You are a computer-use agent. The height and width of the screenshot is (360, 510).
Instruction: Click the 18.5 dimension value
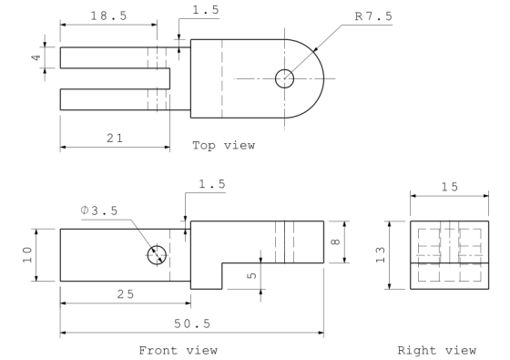pyautogui.click(x=108, y=16)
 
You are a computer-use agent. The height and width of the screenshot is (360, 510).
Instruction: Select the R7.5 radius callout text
pyautogui.click(x=373, y=16)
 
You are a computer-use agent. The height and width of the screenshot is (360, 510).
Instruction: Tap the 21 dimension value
pyautogui.click(x=115, y=139)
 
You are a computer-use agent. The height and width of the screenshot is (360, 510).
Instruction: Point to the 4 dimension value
pyautogui.click(x=36, y=57)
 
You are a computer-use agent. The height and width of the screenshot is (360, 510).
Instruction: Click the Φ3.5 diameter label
pyautogui.click(x=99, y=211)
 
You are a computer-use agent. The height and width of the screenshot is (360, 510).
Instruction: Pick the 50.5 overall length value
pyautogui.click(x=192, y=324)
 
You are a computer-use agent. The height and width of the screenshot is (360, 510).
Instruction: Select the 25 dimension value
pyautogui.click(x=126, y=294)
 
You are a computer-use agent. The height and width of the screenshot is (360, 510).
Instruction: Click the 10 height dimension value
pyautogui.click(x=27, y=254)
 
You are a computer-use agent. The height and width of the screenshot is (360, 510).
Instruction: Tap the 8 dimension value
pyautogui.click(x=336, y=242)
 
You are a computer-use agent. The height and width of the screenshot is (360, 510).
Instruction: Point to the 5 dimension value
pyautogui.click(x=251, y=275)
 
